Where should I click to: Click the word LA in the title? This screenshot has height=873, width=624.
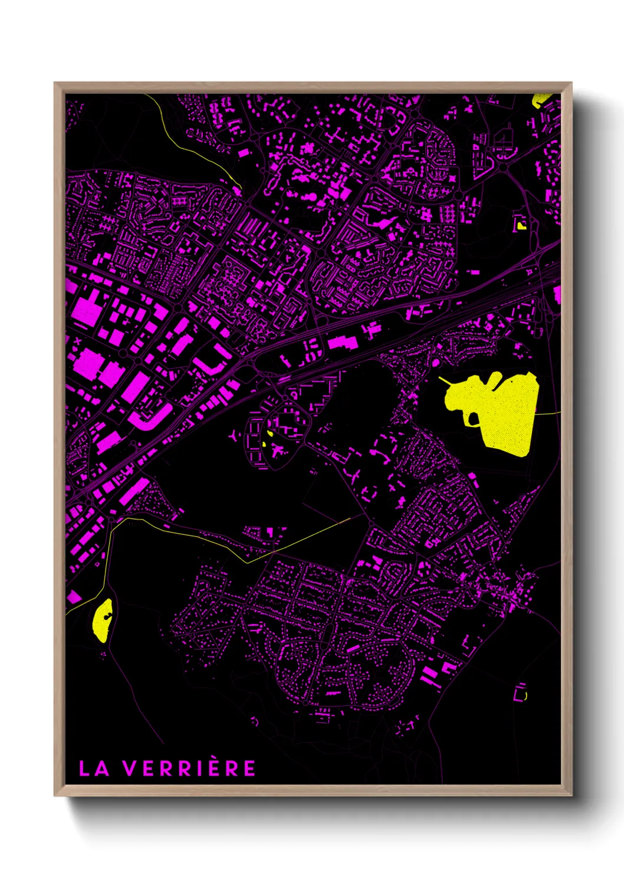click(x=94, y=768)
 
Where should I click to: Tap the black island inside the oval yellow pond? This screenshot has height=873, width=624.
click(x=107, y=616)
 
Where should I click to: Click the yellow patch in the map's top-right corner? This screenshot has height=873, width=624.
click(x=540, y=101)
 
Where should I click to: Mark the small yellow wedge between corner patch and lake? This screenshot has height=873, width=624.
click(x=521, y=225)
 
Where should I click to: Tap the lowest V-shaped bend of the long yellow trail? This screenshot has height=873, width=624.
click(x=248, y=562)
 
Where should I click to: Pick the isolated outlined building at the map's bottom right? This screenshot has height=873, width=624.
click(x=520, y=693)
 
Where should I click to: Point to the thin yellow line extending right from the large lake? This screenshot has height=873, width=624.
click(x=549, y=413)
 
